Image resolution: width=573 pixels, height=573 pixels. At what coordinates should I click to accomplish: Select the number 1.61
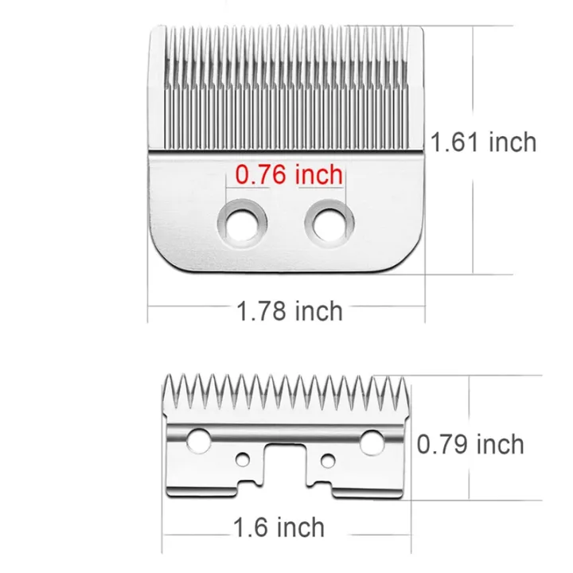pos(454,142)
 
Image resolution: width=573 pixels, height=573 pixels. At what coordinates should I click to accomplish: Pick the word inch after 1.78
pos(320,310)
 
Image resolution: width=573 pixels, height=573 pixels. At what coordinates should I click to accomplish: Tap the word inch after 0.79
pos(500,444)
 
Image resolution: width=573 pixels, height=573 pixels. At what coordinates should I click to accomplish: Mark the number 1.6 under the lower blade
pos(250,526)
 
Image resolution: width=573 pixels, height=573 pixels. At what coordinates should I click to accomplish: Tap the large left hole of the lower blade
pos(199,439)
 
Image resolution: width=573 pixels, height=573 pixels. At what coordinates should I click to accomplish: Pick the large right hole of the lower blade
pos(372,439)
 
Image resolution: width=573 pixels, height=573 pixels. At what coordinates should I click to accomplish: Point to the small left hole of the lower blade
pos(243,459)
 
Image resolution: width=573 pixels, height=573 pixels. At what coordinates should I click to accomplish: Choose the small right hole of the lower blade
pos(327,459)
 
